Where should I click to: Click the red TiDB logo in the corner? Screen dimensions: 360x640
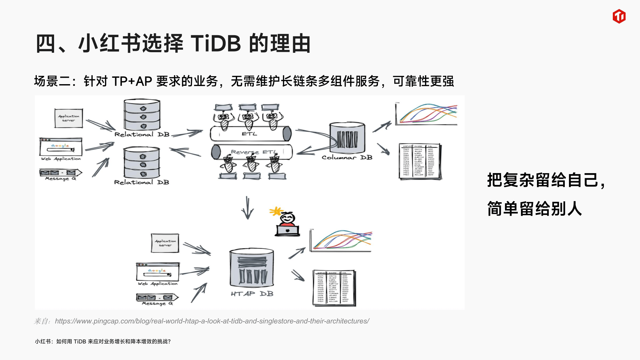click(x=619, y=16)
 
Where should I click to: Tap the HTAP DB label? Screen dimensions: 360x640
click(x=252, y=294)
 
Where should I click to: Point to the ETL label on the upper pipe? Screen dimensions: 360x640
click(x=249, y=134)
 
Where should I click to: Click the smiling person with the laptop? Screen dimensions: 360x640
click(x=287, y=224)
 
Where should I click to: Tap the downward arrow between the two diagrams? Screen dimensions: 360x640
click(x=247, y=208)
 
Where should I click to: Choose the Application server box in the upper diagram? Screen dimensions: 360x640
click(x=68, y=118)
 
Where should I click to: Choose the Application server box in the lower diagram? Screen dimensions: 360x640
click(x=165, y=243)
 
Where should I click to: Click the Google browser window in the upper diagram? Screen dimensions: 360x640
click(x=61, y=147)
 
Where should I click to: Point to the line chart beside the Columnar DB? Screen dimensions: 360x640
click(x=427, y=114)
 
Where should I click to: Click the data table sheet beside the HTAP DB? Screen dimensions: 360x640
click(x=334, y=288)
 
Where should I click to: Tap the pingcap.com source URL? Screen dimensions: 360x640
click(x=212, y=321)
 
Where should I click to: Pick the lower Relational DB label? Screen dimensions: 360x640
click(x=141, y=182)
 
